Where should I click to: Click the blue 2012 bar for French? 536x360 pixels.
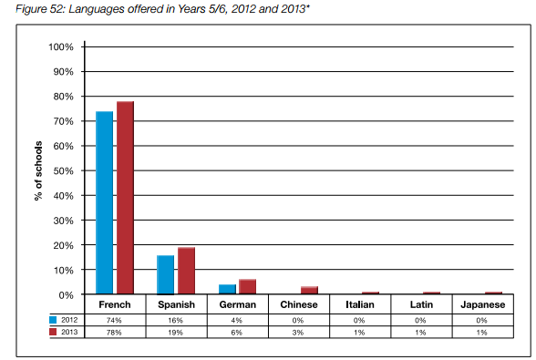pyautogui.click(x=104, y=202)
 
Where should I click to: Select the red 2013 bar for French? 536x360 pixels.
pyautogui.click(x=125, y=198)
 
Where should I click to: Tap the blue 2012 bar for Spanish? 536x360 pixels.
pyautogui.click(x=166, y=275)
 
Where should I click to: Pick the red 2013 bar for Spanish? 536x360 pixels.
pyautogui.click(x=186, y=271)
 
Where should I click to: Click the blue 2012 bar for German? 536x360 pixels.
pyautogui.click(x=227, y=289)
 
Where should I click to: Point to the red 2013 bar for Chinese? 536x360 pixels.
pyautogui.click(x=309, y=290)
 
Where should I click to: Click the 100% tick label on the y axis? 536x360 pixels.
pyautogui.click(x=61, y=46)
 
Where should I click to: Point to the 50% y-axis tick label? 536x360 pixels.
pyautogui.click(x=63, y=171)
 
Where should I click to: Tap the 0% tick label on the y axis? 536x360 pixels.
pyautogui.click(x=66, y=295)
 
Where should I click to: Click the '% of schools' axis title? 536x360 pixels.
pyautogui.click(x=38, y=170)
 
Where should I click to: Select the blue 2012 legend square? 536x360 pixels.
pyautogui.click(x=53, y=320)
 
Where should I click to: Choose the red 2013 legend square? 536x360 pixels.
pyautogui.click(x=53, y=332)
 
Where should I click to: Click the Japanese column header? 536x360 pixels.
pyautogui.click(x=483, y=304)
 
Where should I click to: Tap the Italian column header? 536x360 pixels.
pyautogui.click(x=360, y=304)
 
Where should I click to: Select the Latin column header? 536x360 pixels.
pyautogui.click(x=421, y=304)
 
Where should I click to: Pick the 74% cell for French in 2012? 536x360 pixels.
pyautogui.click(x=114, y=320)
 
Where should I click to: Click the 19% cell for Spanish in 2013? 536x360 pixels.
pyautogui.click(x=175, y=333)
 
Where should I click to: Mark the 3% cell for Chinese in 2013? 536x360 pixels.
pyautogui.click(x=298, y=333)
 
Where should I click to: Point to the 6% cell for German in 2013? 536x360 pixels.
pyautogui.click(x=237, y=333)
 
